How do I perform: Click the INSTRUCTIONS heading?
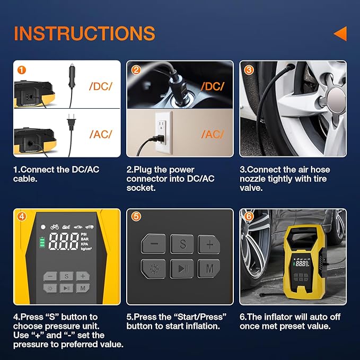[x=84, y=33]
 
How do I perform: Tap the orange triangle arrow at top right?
[x=340, y=34]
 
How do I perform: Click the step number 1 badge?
[x=21, y=69]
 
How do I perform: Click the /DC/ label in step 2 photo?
[x=212, y=86]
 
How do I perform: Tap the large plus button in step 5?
[x=209, y=244]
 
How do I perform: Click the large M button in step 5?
[x=209, y=269]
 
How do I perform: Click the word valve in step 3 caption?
[x=251, y=187]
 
